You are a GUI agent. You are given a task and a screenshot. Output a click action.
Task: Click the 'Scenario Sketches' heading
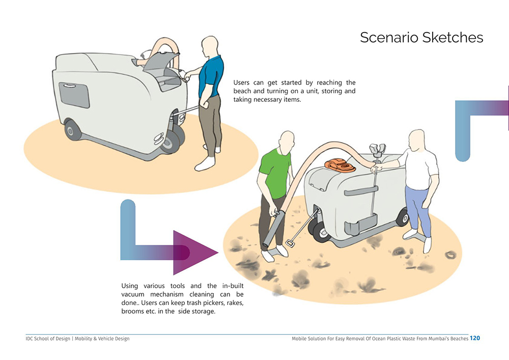pyautogui.click(x=421, y=38)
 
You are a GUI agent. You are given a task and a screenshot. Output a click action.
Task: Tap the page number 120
pyautogui.click(x=474, y=338)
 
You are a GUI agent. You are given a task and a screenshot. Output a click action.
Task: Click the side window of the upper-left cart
pyautogui.click(x=74, y=95)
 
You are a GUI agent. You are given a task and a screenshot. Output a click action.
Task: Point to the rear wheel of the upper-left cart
pyautogui.click(x=72, y=130)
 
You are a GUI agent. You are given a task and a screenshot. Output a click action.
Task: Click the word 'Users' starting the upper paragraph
pyautogui.click(x=242, y=82)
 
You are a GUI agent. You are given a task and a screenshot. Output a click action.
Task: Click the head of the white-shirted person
pyautogui.click(x=417, y=139)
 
